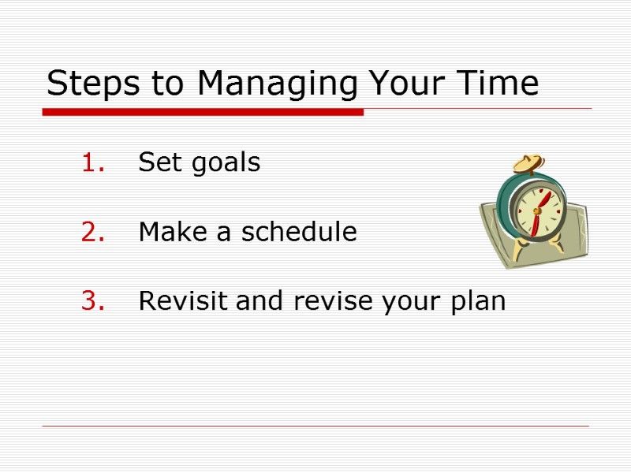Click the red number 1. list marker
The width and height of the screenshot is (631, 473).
[93, 163]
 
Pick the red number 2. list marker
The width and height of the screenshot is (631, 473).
[93, 233]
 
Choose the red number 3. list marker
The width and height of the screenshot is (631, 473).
[93, 301]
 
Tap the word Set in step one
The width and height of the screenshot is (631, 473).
[155, 162]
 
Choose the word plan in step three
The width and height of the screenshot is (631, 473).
[478, 303]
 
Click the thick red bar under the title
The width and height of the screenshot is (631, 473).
[203, 113]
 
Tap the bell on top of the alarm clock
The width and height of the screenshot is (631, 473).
[528, 164]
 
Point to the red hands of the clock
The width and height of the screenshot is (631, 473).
[540, 210]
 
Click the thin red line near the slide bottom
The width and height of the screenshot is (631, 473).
[315, 426]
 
